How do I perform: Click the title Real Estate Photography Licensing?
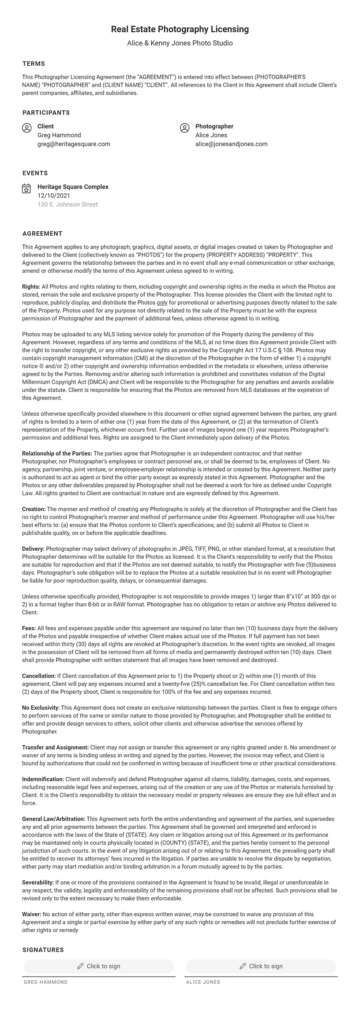tap(180, 29)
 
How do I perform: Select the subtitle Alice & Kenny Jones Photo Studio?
tap(180, 43)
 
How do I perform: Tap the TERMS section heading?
tap(34, 64)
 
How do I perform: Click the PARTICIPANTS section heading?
tap(46, 113)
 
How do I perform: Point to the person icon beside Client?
tap(26, 128)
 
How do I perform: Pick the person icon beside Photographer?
tap(184, 128)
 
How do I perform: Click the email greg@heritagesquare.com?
tap(74, 144)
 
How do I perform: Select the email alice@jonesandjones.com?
tap(231, 144)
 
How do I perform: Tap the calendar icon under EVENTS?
tap(26, 188)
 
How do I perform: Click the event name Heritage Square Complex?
tap(73, 187)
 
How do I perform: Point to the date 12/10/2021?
tap(54, 196)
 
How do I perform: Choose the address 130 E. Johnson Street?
tap(67, 204)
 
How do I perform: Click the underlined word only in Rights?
tap(162, 303)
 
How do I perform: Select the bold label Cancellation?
tap(39, 676)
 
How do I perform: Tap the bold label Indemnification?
tap(43, 779)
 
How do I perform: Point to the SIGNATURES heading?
tap(43, 950)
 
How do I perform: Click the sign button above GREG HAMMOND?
tap(99, 966)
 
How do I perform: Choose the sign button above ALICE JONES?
tap(261, 966)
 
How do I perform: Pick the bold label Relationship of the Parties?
tap(57, 453)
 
